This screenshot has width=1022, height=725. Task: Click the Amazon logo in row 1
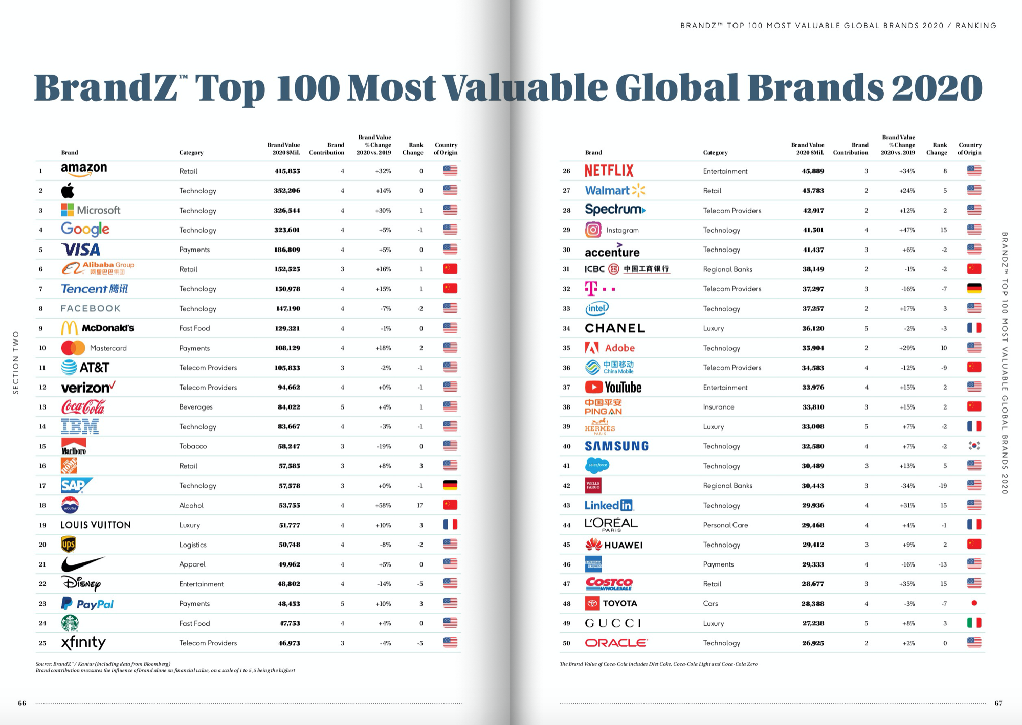click(84, 170)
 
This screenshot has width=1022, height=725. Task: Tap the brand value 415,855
click(287, 171)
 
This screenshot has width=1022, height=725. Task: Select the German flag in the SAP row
click(450, 485)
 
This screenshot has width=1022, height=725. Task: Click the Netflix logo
click(609, 171)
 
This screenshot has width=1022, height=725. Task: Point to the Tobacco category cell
click(193, 446)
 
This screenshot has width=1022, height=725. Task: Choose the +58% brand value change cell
click(383, 505)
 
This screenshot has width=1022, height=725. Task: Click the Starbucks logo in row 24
click(70, 623)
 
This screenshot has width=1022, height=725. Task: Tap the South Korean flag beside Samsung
click(974, 446)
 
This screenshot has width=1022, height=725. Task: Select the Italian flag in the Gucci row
click(974, 623)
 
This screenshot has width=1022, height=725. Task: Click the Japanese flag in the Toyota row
click(974, 603)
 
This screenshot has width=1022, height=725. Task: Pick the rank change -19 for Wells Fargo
click(942, 486)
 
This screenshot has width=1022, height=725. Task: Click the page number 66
click(22, 703)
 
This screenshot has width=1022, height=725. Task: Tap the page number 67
click(998, 703)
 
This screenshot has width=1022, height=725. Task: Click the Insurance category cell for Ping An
click(718, 407)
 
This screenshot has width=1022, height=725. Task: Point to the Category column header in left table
click(191, 153)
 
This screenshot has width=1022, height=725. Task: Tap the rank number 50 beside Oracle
click(566, 643)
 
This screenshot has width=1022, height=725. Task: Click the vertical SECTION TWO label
click(16, 362)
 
